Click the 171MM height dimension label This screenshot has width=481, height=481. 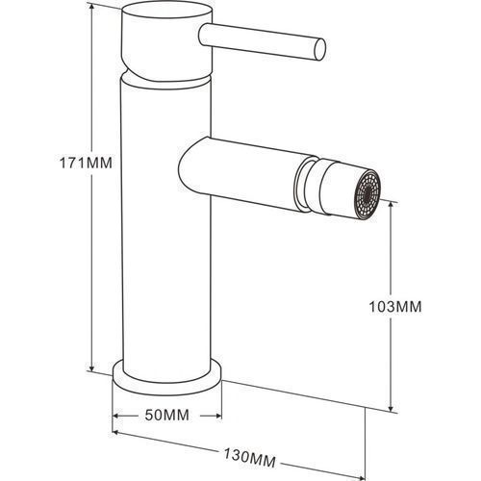pyautogui.click(x=86, y=163)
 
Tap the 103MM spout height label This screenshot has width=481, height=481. pyautogui.click(x=395, y=307)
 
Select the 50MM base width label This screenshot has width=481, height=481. pyautogui.click(x=167, y=416)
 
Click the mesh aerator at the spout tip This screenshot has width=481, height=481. pyautogui.click(x=367, y=194)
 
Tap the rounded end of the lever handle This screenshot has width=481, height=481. pyautogui.click(x=319, y=49)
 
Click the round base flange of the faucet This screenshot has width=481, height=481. pyautogui.click(x=167, y=382)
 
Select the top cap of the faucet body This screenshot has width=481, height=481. pyautogui.click(x=166, y=41)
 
